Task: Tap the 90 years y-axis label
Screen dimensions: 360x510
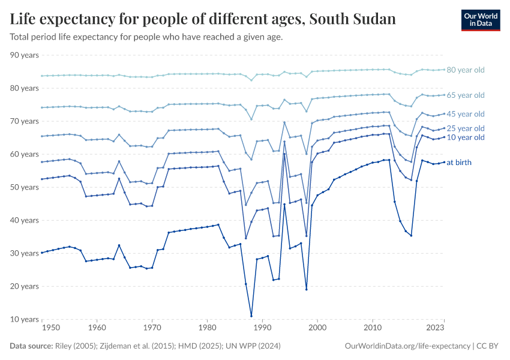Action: (25, 55)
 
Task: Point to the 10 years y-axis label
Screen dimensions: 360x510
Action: (25, 319)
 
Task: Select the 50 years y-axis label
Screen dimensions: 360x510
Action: (25, 187)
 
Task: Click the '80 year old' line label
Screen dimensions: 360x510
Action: (466, 70)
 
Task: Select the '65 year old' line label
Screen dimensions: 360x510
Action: (466, 95)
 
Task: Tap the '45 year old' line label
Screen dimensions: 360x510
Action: (466, 114)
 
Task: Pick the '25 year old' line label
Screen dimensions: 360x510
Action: (466, 128)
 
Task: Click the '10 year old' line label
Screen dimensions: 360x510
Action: (466, 137)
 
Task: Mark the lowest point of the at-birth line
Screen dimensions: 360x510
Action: (251, 316)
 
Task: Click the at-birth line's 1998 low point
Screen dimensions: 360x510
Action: (307, 289)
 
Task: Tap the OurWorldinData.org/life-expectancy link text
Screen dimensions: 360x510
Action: (408, 346)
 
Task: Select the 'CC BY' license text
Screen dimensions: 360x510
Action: (489, 346)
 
